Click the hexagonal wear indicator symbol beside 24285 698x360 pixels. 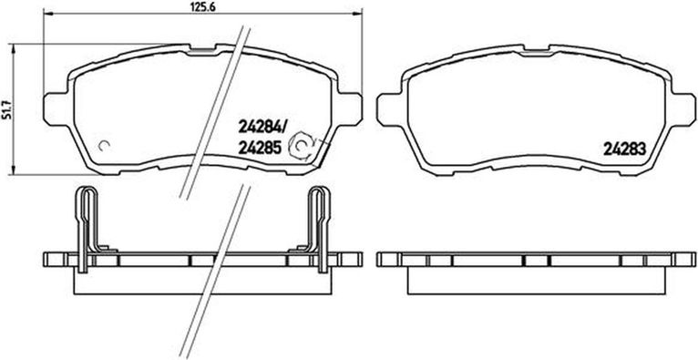301,146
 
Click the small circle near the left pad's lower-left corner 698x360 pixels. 105,146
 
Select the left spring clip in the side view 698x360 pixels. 87,227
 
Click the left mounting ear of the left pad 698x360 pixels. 56,108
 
